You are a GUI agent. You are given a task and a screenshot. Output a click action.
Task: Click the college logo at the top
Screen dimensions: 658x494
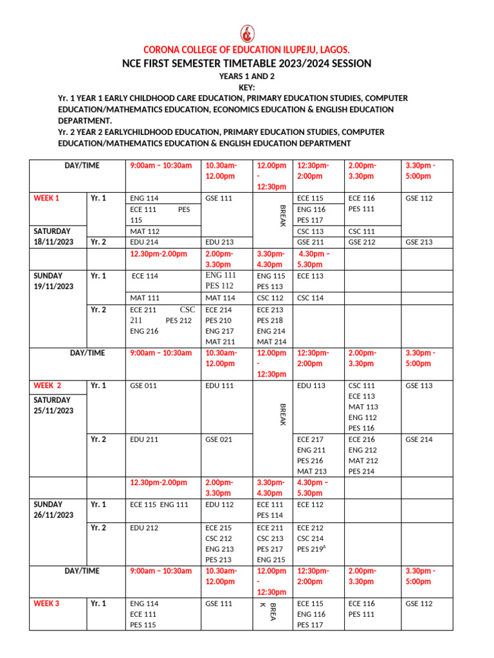246,33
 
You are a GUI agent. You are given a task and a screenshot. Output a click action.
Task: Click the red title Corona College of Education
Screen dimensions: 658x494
246,50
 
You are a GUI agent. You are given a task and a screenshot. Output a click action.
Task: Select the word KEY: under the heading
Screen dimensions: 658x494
246,87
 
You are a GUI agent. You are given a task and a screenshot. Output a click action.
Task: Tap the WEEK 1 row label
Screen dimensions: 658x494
46,199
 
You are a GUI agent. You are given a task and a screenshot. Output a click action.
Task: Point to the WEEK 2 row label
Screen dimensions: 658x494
48,386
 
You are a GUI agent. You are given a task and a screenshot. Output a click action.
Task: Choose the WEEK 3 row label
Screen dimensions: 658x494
46,603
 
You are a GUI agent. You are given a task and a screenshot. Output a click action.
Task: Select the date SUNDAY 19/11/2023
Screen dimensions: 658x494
53,281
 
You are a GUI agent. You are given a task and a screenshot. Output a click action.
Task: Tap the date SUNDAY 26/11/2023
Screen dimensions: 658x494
53,510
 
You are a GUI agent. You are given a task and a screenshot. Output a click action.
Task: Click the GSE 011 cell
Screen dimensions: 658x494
143,386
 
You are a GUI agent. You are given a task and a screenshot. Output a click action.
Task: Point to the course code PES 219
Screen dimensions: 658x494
312,549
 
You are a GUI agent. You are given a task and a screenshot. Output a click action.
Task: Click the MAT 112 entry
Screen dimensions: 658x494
145,231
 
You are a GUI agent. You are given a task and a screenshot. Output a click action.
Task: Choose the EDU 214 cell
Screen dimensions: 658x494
145,242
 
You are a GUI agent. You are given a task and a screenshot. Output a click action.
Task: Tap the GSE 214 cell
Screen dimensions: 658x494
419,440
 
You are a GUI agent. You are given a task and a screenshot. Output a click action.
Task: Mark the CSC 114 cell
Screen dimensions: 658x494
311,298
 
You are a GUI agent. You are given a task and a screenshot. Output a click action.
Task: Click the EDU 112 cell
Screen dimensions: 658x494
219,504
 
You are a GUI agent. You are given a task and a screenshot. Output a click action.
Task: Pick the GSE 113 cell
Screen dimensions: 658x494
419,386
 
